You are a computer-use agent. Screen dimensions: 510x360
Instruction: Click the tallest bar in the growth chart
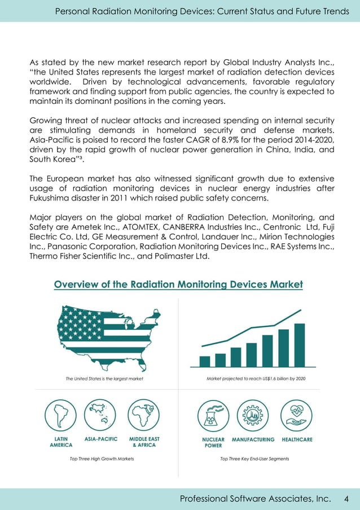point(299,345)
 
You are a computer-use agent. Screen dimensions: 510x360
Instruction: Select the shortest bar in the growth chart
point(205,361)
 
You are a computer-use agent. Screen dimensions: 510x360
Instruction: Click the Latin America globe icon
point(60,416)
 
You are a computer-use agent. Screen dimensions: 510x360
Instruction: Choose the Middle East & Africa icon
point(144,416)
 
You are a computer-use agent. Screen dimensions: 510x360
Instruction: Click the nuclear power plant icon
point(213,416)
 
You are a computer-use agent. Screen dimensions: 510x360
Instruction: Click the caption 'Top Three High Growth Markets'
point(102,459)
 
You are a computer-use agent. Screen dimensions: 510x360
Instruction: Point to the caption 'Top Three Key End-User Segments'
point(254,459)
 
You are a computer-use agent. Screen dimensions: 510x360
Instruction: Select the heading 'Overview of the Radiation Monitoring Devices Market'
point(178,285)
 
